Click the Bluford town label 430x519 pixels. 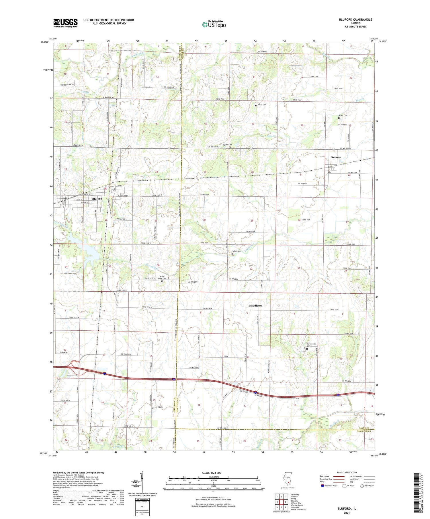pos(97,199)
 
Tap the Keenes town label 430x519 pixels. pos(336,157)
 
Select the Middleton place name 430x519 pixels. pos(256,305)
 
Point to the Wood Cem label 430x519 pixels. pos(262,105)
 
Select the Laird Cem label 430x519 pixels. pos(158,407)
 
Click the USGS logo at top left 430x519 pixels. pos(65,23)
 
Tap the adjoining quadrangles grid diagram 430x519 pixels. pos(282,503)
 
